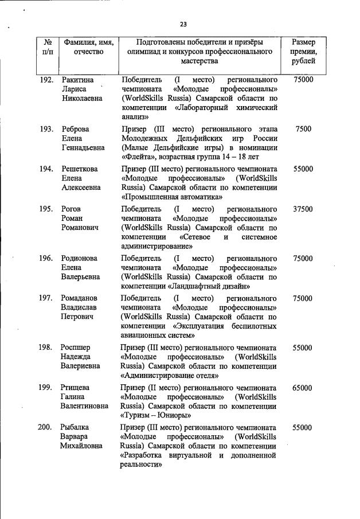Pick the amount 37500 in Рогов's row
coord(302,209)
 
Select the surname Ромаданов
coord(79,299)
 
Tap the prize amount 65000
coord(302,388)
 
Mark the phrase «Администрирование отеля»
coord(169,376)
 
